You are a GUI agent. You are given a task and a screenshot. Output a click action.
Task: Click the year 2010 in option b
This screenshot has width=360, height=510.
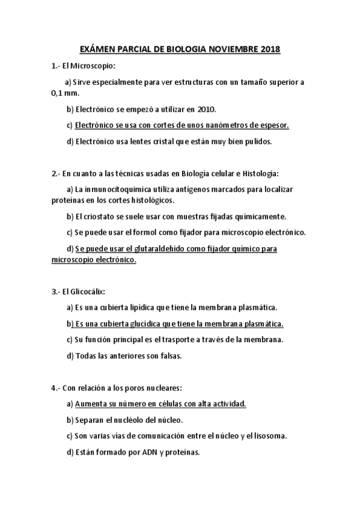tap(204, 109)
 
